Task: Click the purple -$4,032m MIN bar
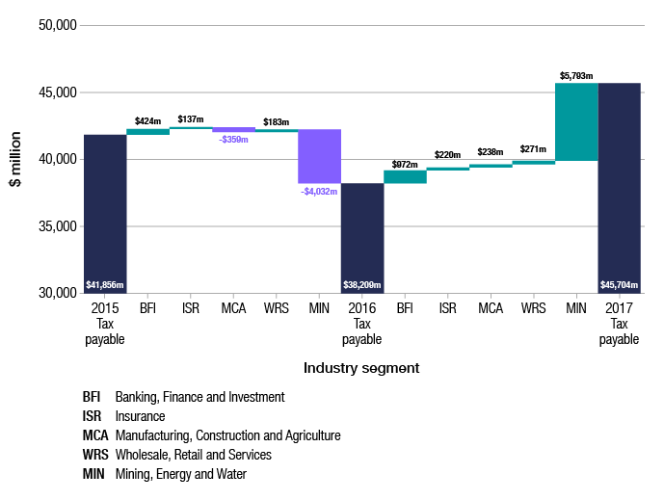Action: pos(319,156)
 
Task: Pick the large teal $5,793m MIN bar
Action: pos(576,121)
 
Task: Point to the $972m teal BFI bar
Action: pos(405,176)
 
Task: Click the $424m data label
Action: pos(147,121)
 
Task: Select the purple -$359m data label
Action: pos(233,140)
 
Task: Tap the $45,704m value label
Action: pos(619,285)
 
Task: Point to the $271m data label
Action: pos(533,150)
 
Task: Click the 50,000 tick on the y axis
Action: pos(58,25)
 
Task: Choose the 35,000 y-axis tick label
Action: pos(58,226)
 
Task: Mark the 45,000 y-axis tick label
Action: pos(58,92)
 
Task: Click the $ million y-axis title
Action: pos(15,159)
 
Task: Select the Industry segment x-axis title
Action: pos(361,368)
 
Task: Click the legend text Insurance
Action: pos(141,416)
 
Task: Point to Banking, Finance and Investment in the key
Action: pos(200,397)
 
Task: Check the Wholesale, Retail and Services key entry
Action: pos(193,454)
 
